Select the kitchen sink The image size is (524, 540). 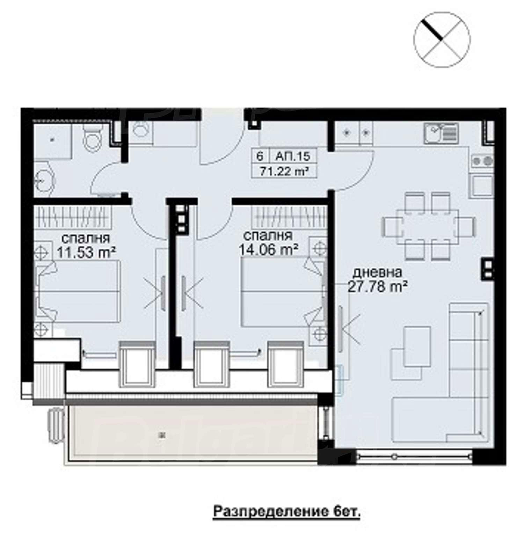(441, 133)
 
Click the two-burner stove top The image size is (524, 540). (482, 161)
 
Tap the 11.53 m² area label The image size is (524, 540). (86, 252)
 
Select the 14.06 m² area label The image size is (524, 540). (268, 249)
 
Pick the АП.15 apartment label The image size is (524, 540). (292, 156)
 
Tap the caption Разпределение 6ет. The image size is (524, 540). (286, 512)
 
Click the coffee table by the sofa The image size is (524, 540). (417, 346)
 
